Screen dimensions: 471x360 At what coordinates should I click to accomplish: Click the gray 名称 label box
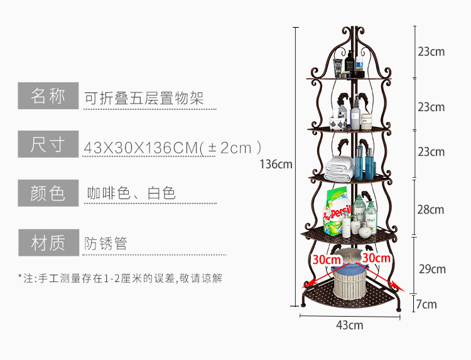(x=48, y=96)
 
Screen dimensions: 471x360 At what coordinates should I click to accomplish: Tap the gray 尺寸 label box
(x=48, y=145)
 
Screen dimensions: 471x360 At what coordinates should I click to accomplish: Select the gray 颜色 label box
(x=48, y=193)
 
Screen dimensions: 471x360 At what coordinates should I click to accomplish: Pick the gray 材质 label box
(x=48, y=242)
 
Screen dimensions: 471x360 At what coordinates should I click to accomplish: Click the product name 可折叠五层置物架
(x=144, y=98)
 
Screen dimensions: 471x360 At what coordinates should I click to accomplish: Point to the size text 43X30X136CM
(x=141, y=148)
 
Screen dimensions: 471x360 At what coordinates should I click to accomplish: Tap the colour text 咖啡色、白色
(x=131, y=194)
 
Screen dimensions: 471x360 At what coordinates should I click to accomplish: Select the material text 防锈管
(x=106, y=243)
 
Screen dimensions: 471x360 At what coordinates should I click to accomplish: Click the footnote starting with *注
(x=120, y=277)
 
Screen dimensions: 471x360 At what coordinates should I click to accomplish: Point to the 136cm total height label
(x=276, y=165)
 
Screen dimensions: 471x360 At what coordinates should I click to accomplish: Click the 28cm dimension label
(x=431, y=209)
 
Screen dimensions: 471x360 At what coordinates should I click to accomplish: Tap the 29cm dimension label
(x=432, y=269)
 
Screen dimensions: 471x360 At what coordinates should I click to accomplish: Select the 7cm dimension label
(x=426, y=305)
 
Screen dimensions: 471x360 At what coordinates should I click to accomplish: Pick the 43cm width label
(x=350, y=325)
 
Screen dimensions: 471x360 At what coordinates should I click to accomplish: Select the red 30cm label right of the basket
(x=376, y=258)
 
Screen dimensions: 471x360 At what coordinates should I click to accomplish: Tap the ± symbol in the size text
(x=212, y=148)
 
